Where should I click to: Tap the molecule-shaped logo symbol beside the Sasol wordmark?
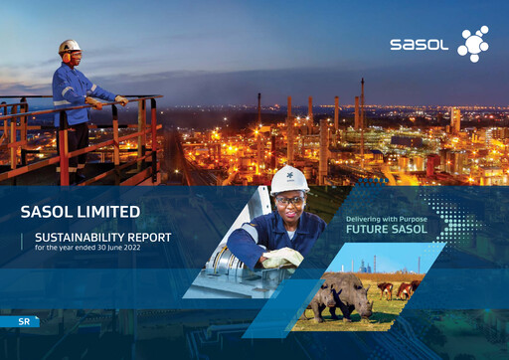tap(471, 43)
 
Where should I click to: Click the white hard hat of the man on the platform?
tap(70, 46)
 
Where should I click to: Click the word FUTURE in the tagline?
tap(366, 228)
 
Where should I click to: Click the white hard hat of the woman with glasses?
tap(289, 178)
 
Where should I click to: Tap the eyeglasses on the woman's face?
tap(287, 198)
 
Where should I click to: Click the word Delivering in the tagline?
tap(363, 217)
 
